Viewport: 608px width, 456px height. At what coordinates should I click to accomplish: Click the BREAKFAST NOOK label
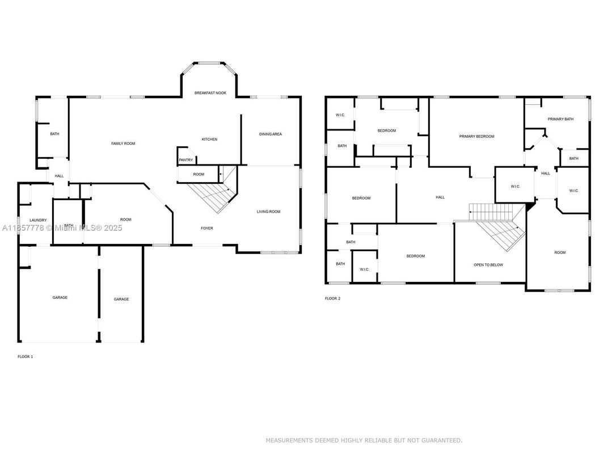[x=210, y=92]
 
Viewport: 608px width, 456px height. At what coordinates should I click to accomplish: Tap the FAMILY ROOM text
[x=123, y=143]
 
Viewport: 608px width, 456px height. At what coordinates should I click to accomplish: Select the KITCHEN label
[x=209, y=139]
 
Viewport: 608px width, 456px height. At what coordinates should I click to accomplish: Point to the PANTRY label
[x=185, y=160]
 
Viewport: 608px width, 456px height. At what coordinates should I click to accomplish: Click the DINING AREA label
[x=270, y=134]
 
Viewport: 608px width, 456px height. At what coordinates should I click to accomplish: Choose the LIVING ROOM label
[x=268, y=212]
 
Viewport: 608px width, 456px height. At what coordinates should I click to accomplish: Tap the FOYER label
[x=207, y=228]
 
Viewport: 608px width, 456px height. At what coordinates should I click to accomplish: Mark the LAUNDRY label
[x=38, y=219]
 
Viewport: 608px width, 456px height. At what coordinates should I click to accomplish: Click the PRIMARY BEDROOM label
[x=476, y=136]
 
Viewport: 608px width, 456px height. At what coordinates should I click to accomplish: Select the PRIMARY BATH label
[x=560, y=119]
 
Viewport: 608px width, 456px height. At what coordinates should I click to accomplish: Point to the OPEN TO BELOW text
[x=488, y=265]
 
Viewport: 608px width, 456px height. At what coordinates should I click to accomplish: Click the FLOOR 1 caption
[x=26, y=357]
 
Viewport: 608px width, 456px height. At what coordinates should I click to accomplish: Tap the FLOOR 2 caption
[x=332, y=298]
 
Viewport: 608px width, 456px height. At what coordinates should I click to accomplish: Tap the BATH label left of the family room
[x=54, y=134]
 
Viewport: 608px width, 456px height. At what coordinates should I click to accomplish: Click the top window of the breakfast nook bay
[x=209, y=64]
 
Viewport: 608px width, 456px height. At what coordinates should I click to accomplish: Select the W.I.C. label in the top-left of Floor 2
[x=340, y=115]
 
